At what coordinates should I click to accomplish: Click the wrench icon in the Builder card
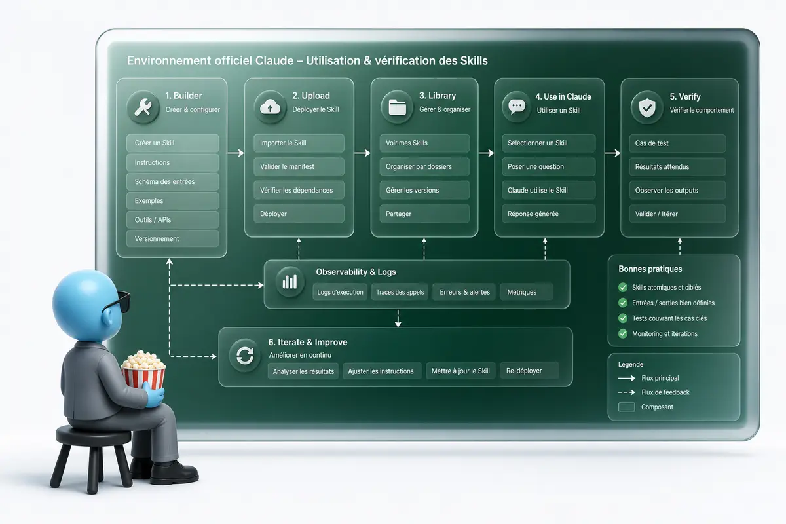[x=143, y=107]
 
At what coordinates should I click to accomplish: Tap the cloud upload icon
[x=270, y=107]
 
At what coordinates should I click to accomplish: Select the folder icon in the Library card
[x=397, y=107]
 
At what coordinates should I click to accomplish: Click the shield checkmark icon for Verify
[x=647, y=107]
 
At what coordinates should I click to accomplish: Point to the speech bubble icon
[x=517, y=107]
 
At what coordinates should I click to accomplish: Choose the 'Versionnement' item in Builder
[x=173, y=238]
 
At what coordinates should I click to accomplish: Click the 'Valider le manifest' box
[x=299, y=167]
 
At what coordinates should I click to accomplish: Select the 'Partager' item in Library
[x=424, y=214]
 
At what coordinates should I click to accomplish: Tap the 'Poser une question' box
[x=548, y=167]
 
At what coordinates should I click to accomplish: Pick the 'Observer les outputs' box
[x=677, y=190]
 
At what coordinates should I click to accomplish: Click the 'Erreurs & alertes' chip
[x=464, y=292]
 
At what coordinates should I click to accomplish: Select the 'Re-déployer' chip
[x=529, y=371]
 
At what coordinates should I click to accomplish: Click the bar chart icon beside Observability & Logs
[x=290, y=282]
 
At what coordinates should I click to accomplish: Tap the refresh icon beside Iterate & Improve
[x=244, y=356]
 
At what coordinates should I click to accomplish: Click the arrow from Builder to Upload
[x=235, y=153]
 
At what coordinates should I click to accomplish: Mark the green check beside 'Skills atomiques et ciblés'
[x=623, y=288]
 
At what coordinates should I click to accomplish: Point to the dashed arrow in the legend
[x=627, y=392]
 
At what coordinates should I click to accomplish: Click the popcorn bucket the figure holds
[x=143, y=371]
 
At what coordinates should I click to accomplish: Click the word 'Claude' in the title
[x=274, y=60]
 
